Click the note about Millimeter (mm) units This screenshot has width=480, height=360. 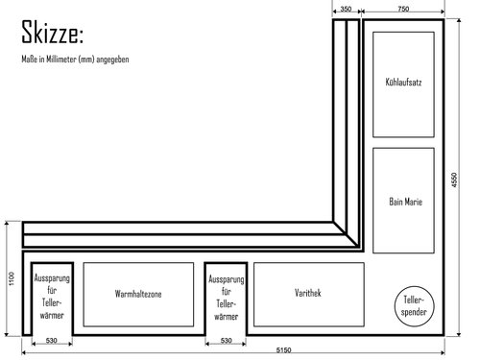coord(75,60)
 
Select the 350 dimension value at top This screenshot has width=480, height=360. coord(346,9)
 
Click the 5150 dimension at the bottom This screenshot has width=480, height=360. coord(284,349)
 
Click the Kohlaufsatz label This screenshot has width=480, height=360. coord(403,84)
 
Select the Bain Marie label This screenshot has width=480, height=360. coord(406,203)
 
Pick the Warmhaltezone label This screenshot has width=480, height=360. coord(138,293)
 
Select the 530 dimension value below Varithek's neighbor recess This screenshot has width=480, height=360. coord(226,342)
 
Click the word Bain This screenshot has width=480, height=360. coord(396,203)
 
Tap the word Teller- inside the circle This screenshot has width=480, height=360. coord(414,301)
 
